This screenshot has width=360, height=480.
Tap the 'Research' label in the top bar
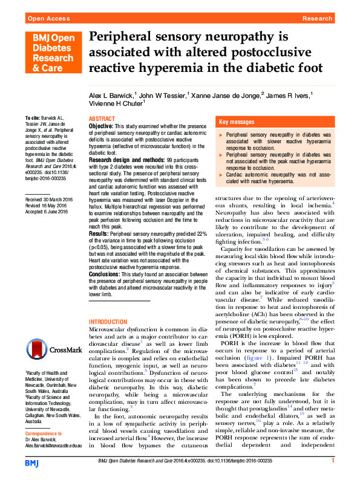[x=316, y=19]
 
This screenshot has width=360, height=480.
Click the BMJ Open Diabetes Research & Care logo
[x=51, y=53]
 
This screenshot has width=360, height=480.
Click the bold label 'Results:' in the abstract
[x=99, y=249]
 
